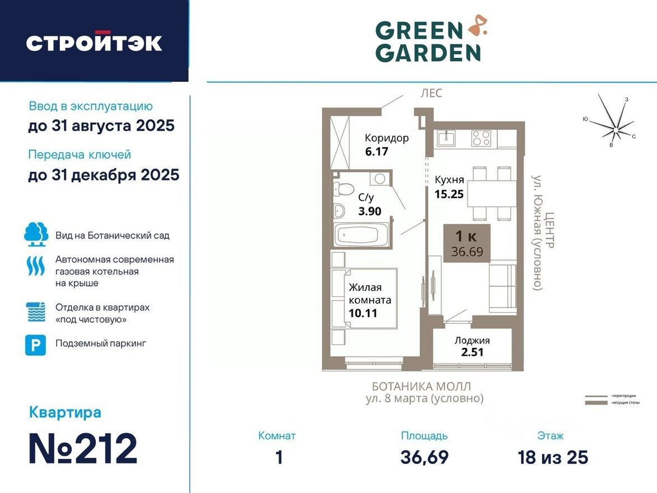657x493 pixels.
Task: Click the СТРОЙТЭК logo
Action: click(x=94, y=43)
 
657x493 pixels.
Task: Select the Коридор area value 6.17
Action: click(x=376, y=151)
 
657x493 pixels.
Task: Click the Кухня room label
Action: click(x=449, y=180)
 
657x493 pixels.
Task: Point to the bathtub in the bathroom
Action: click(x=361, y=235)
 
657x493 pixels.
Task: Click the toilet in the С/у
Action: click(x=343, y=189)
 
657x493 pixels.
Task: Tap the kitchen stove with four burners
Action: click(x=481, y=138)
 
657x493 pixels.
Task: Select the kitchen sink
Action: click(x=446, y=137)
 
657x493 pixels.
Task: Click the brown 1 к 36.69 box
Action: click(x=467, y=243)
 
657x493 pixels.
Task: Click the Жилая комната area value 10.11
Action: click(x=362, y=313)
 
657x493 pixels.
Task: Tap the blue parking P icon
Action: click(x=35, y=345)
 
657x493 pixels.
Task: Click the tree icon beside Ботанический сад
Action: click(x=36, y=234)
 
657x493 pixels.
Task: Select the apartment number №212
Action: click(x=83, y=449)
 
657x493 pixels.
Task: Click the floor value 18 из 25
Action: click(x=553, y=457)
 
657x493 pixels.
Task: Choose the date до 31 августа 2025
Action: click(x=101, y=126)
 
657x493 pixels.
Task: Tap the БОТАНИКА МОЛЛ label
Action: click(x=421, y=386)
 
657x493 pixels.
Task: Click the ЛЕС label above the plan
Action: click(x=431, y=93)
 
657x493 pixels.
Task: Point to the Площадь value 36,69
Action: click(x=424, y=457)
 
